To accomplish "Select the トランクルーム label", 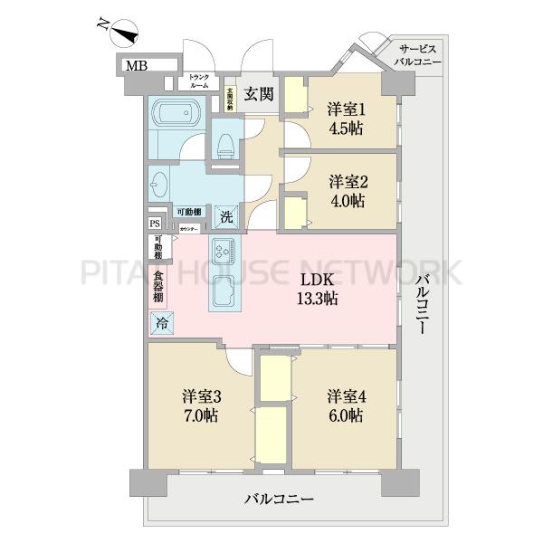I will coord(199,81).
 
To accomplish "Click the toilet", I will coord(225,146).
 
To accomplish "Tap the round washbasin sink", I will coord(160,185).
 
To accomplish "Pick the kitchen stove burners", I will coord(224,249).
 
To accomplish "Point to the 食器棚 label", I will coord(158,285).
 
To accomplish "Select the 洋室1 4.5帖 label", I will coord(346,118).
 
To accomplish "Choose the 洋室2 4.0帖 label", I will coord(346,188).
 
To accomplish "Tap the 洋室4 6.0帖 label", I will coord(346,405).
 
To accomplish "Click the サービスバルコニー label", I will coord(417,55).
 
